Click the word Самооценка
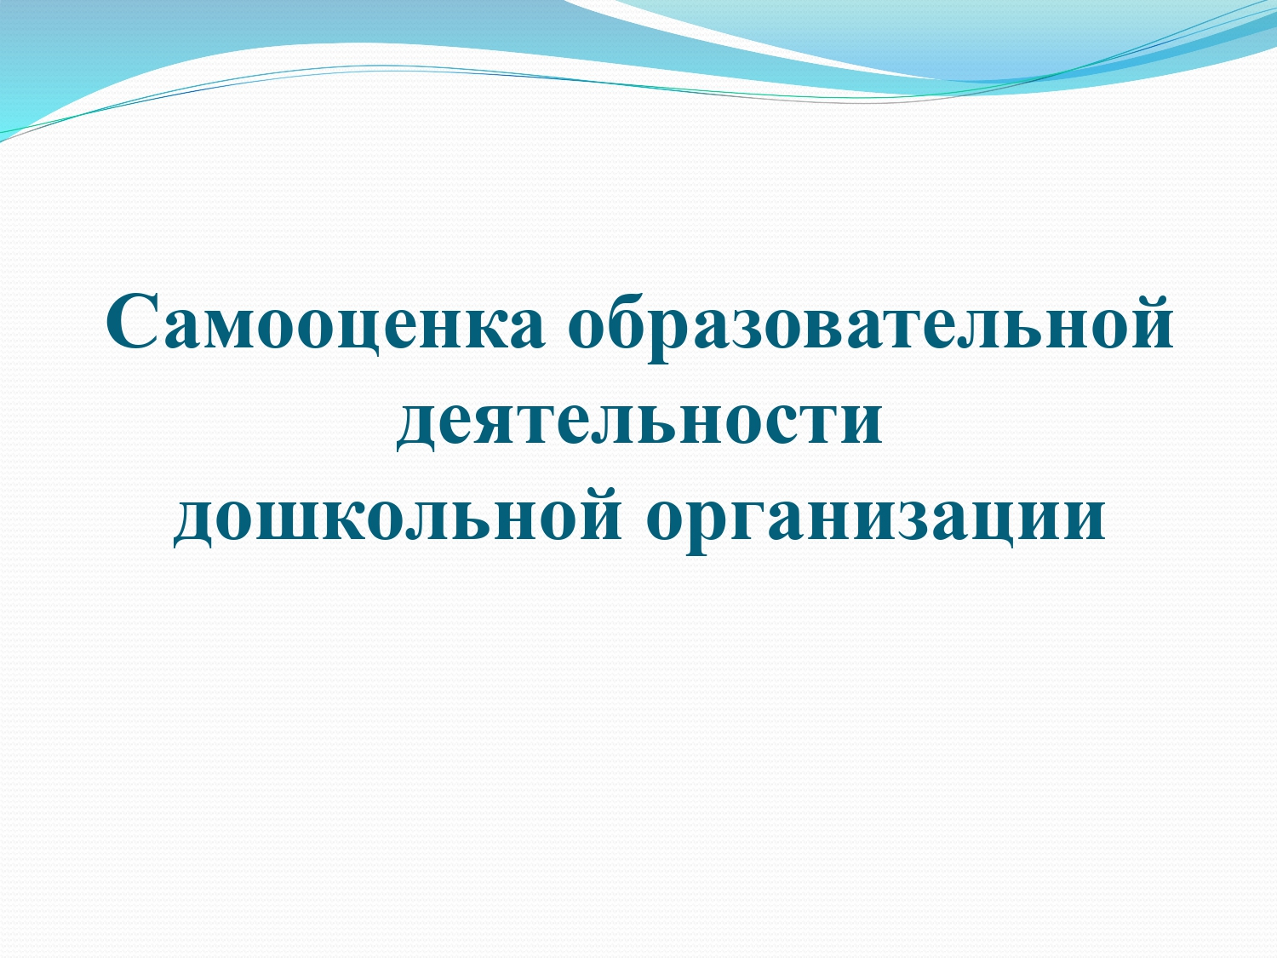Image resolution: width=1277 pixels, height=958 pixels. click(x=326, y=324)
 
